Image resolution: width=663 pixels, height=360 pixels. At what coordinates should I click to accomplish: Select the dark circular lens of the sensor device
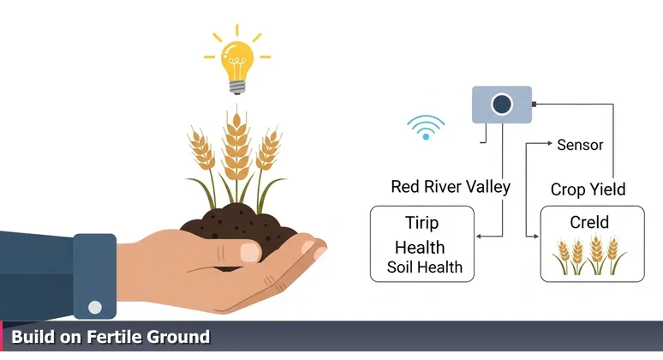500,105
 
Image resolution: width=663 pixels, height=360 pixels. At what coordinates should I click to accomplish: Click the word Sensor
580,144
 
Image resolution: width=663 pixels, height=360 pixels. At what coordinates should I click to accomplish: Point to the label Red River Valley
450,187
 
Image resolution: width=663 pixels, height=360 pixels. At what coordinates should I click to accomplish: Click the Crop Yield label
588,189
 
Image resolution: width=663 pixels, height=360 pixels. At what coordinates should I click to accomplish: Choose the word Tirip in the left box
421,224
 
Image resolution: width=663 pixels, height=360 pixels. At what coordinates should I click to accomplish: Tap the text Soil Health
424,267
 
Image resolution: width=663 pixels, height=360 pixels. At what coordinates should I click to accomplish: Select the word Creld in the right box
588,223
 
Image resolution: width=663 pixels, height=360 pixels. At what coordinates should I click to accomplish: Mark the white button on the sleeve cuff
95,307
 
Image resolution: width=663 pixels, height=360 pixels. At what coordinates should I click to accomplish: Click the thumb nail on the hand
249,252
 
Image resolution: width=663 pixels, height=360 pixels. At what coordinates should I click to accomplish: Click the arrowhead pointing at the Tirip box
478,237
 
